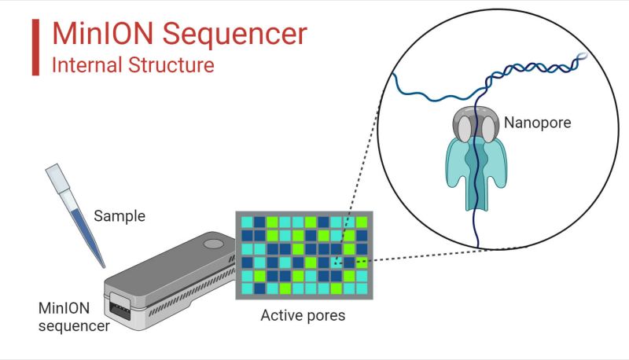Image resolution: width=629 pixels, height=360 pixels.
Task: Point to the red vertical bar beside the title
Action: [35, 47]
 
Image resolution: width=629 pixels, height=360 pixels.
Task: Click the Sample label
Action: [120, 215]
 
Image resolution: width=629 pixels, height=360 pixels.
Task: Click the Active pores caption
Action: [302, 317]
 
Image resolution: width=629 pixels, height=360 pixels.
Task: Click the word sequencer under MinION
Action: [74, 322]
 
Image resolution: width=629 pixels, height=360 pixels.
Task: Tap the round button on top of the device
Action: [212, 244]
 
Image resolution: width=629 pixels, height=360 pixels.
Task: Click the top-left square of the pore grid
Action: [247, 222]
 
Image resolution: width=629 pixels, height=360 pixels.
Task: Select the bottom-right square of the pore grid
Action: [362, 288]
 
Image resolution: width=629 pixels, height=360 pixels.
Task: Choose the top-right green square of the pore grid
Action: [362, 222]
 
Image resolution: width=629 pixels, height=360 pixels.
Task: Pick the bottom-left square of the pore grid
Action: [247, 288]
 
